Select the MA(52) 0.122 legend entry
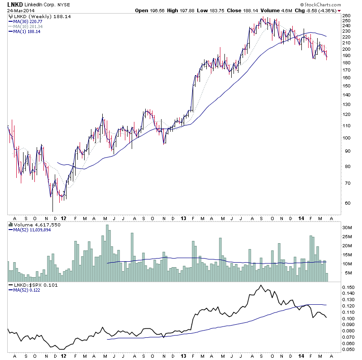[x=27, y=290]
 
